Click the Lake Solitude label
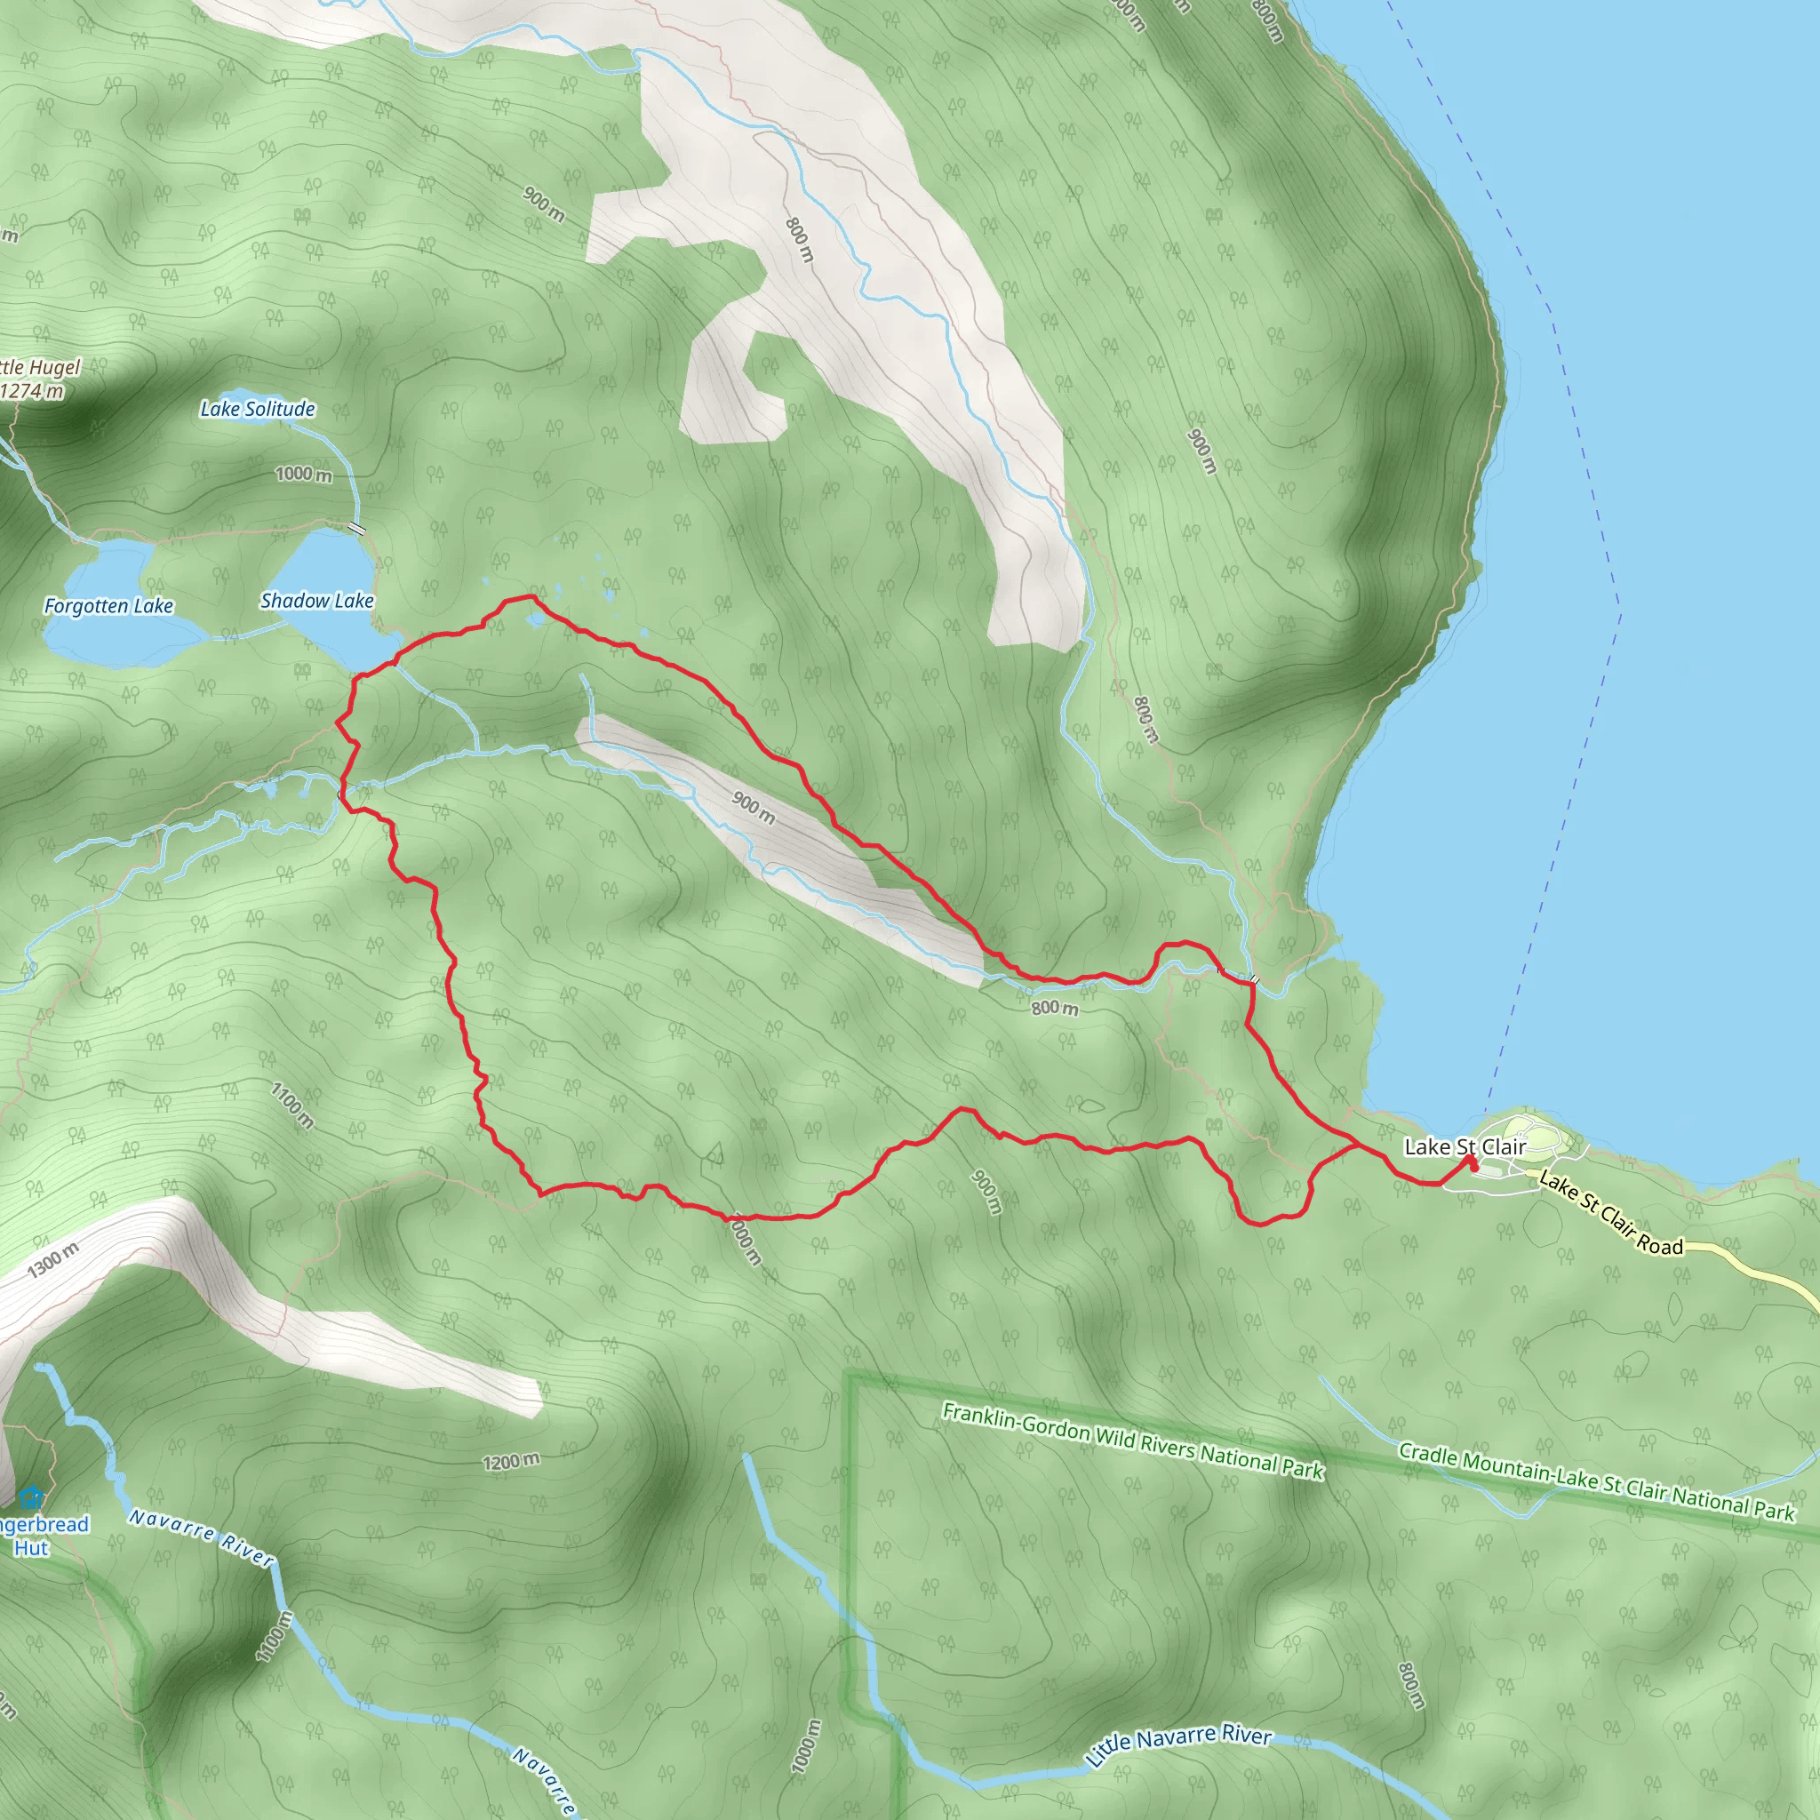tap(257, 409)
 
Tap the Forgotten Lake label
tap(108, 606)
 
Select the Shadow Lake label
tap(316, 601)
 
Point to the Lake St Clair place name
tap(1465, 1146)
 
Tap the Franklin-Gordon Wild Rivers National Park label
tap(1133, 1441)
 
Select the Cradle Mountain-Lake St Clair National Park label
tap(1596, 1481)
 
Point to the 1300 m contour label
tap(52, 1260)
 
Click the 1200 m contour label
tap(512, 1461)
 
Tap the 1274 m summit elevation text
tap(32, 390)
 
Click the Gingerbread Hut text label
tap(37, 1537)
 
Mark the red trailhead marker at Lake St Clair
tap(1472, 1164)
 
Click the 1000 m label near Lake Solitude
tap(303, 474)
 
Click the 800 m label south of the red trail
tap(1054, 1008)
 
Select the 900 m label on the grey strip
tap(754, 807)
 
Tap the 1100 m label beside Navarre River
tap(275, 1635)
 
